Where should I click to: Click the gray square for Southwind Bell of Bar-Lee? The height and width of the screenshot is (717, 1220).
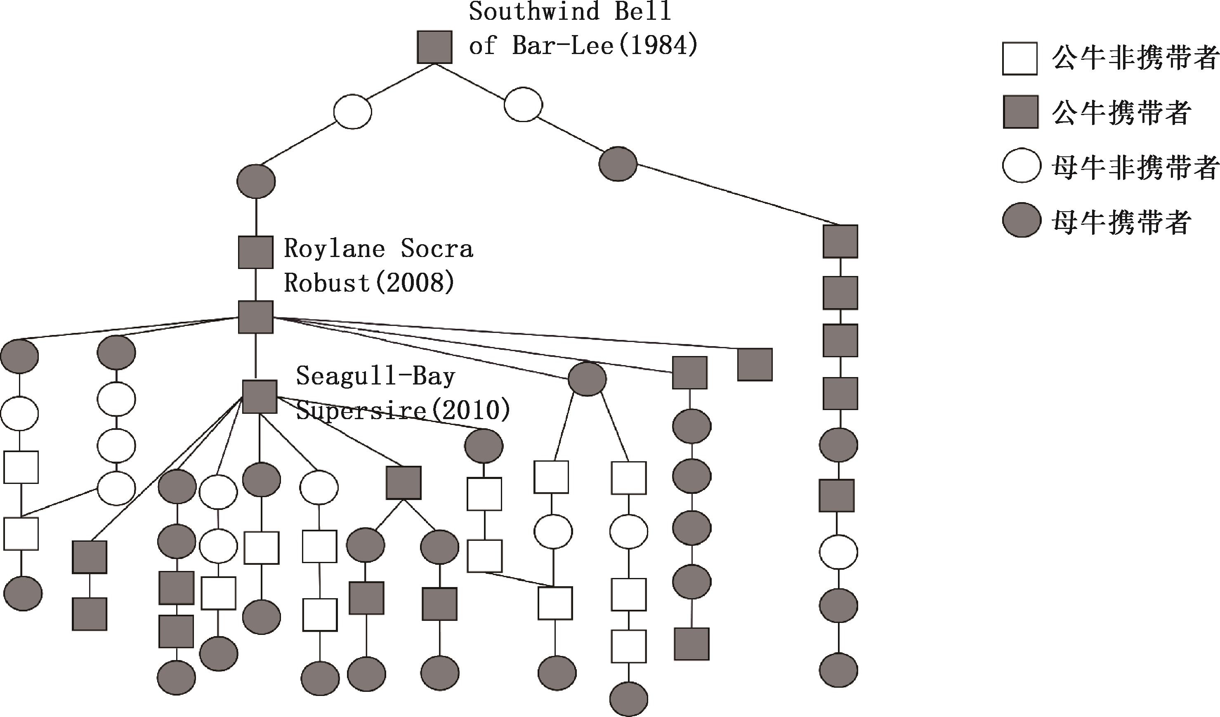click(x=434, y=47)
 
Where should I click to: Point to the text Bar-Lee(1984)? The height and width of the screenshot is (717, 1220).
click(x=605, y=46)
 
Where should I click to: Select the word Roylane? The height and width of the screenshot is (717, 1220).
click(x=334, y=249)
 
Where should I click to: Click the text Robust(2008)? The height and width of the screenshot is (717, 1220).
click(x=369, y=283)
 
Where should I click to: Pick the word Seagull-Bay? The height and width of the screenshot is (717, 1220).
click(x=376, y=376)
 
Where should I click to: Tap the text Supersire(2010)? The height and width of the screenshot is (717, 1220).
click(x=403, y=410)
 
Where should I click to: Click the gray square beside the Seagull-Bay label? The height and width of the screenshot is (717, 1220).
click(x=260, y=396)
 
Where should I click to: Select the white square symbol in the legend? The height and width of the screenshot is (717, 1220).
click(x=1019, y=58)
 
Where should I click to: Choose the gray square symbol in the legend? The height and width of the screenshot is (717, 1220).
click(x=1020, y=112)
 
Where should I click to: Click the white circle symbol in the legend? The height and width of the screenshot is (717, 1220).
click(x=1022, y=165)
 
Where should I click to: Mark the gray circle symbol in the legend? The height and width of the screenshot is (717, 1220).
click(x=1022, y=220)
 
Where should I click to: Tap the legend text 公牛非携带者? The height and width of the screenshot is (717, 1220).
click(x=1134, y=58)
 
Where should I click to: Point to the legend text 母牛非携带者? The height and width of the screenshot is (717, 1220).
click(x=1134, y=167)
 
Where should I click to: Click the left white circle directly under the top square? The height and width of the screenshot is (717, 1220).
click(x=352, y=111)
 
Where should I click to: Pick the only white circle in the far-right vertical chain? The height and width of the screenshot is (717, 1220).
click(x=838, y=552)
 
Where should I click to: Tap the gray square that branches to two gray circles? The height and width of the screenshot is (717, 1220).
click(x=403, y=483)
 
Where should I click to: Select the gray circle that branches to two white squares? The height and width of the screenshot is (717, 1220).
click(x=587, y=379)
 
